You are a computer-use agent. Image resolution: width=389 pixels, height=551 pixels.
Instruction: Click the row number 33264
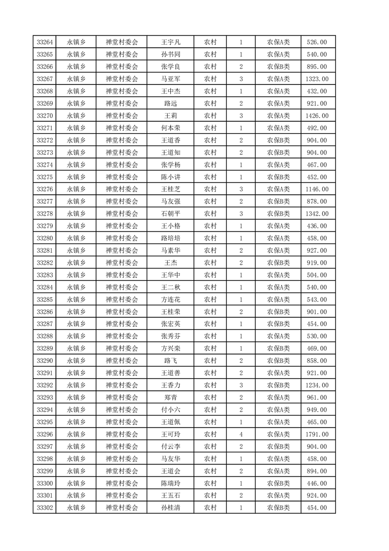point(45,42)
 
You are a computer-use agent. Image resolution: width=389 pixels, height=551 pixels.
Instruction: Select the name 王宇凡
point(171,42)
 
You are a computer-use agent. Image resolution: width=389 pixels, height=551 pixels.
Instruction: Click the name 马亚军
point(171,79)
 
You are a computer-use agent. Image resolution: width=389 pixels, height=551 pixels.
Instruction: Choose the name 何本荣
point(171,128)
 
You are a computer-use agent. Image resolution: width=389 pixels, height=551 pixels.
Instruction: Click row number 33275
point(45,177)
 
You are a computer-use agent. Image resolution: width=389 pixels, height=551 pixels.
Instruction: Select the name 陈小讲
point(171,177)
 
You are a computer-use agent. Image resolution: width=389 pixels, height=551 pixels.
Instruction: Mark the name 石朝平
point(171,214)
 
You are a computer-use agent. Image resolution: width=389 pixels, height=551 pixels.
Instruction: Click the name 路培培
point(171,238)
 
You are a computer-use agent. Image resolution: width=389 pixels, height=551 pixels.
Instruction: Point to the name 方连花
point(171,300)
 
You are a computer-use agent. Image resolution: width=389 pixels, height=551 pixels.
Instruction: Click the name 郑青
point(171,398)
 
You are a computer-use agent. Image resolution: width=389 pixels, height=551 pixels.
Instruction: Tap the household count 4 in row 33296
point(241,434)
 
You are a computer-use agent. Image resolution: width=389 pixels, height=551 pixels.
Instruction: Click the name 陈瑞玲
point(171,483)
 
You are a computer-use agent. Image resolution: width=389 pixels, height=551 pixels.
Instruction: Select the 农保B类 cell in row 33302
point(278,508)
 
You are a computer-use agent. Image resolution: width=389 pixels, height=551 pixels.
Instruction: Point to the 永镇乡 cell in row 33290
point(76,361)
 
